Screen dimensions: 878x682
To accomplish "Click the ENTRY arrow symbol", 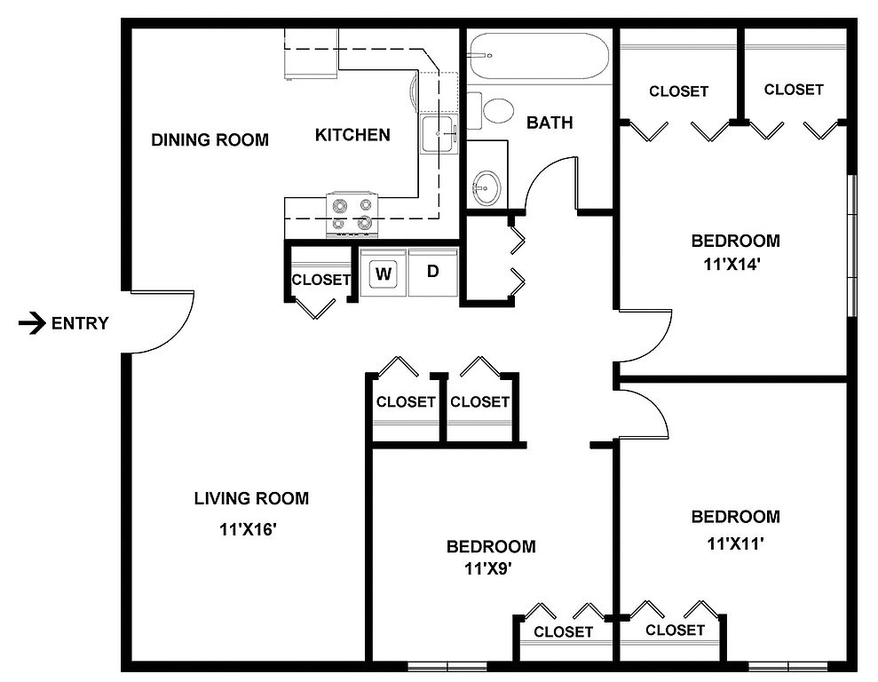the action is pyautogui.click(x=32, y=323).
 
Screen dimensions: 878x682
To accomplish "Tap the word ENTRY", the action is pyautogui.click(x=80, y=323).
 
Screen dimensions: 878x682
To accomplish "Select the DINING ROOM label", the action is pyautogui.click(x=210, y=139).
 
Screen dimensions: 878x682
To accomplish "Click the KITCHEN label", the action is pyautogui.click(x=352, y=135).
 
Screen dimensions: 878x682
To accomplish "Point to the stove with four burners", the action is pyautogui.click(x=352, y=214).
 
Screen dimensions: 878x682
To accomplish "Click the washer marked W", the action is pyautogui.click(x=384, y=274).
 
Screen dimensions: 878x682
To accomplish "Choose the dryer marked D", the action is pyautogui.click(x=433, y=273).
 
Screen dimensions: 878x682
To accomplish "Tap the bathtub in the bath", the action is pyautogui.click(x=539, y=56).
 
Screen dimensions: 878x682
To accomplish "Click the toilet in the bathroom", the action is pyautogui.click(x=491, y=111).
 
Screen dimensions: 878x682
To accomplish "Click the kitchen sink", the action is pyautogui.click(x=439, y=134).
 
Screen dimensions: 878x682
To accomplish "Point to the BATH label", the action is pyautogui.click(x=550, y=123).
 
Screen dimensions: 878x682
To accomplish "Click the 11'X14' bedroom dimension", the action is pyautogui.click(x=732, y=264).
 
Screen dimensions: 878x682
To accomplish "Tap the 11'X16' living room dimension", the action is pyautogui.click(x=249, y=529).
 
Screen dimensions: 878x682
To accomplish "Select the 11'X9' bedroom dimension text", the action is pyautogui.click(x=489, y=569).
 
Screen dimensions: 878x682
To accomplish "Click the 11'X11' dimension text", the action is pyautogui.click(x=736, y=543).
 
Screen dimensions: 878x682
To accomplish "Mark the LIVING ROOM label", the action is pyautogui.click(x=251, y=498).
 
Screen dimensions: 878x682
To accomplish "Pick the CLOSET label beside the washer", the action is pyautogui.click(x=320, y=280).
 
